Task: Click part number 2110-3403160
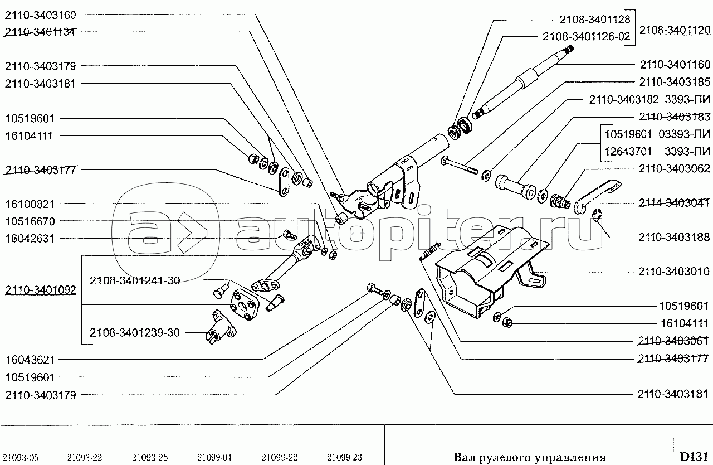[41, 15]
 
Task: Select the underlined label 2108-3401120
[675, 30]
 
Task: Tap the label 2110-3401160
[675, 65]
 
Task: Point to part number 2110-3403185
[675, 82]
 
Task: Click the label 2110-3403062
[675, 168]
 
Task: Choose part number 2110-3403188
[674, 237]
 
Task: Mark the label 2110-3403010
[674, 272]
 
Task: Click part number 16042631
[30, 238]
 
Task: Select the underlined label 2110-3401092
[41, 290]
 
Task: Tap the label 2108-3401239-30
[135, 332]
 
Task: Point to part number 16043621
[30, 360]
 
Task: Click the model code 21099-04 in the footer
[214, 458]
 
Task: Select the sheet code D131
[694, 457]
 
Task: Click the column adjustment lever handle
[597, 195]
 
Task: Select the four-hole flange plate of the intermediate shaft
[244, 305]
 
